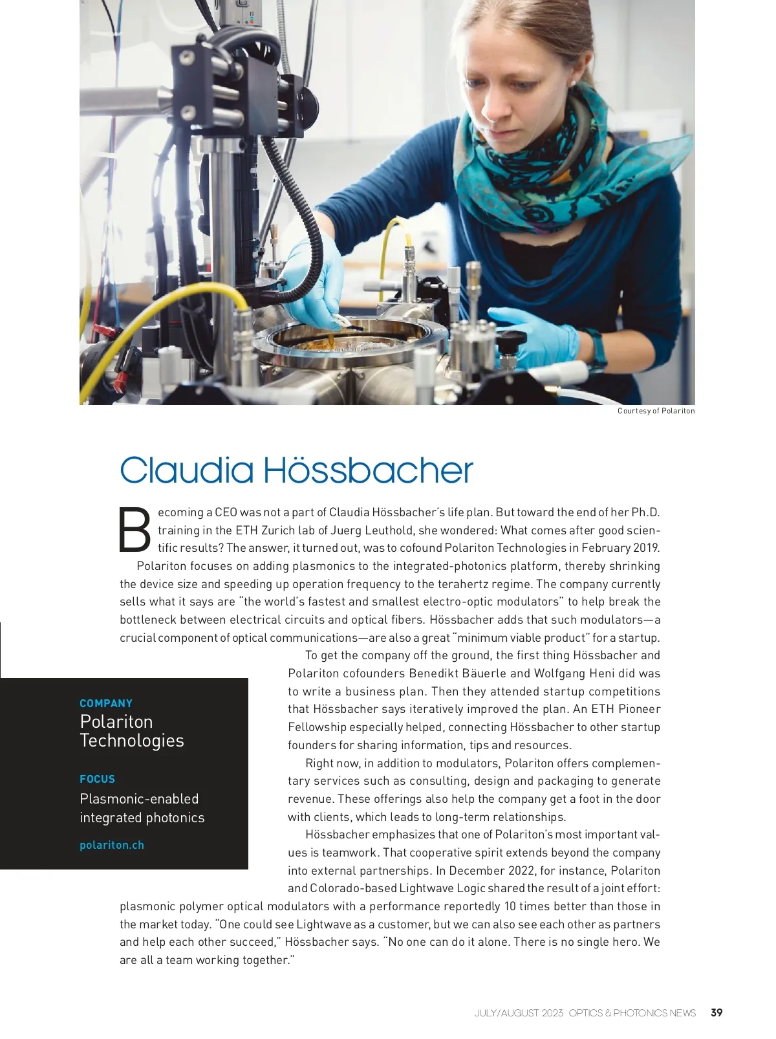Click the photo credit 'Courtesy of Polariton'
[x=656, y=411]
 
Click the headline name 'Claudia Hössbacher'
[x=296, y=470]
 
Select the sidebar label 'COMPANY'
[x=106, y=703]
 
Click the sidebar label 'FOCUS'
[x=97, y=779]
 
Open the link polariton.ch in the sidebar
[x=112, y=845]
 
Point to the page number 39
[x=717, y=1012]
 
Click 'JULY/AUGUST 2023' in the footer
[x=519, y=1013]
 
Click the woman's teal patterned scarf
[x=569, y=168]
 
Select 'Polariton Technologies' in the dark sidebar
[x=132, y=731]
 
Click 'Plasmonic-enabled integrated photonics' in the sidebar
[x=142, y=808]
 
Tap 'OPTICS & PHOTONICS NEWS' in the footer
[x=632, y=1013]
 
